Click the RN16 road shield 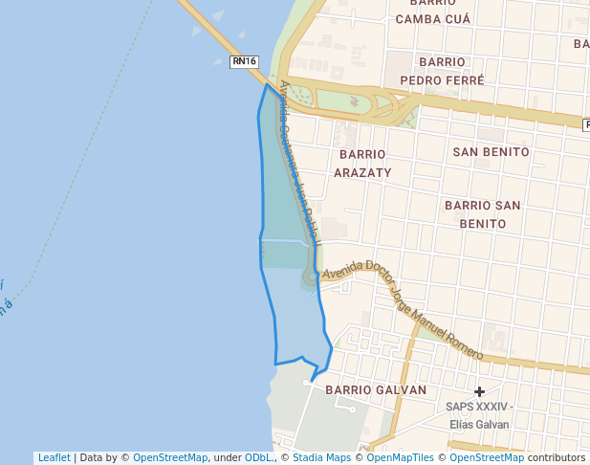245,62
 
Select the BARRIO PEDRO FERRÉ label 442,71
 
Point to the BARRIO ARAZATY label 362,164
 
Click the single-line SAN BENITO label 491,152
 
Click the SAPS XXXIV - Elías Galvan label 479,415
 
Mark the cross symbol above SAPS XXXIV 479,391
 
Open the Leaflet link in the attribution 54,458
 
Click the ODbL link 259,458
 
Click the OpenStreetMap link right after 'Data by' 170,458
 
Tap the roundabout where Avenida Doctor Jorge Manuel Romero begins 311,277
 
